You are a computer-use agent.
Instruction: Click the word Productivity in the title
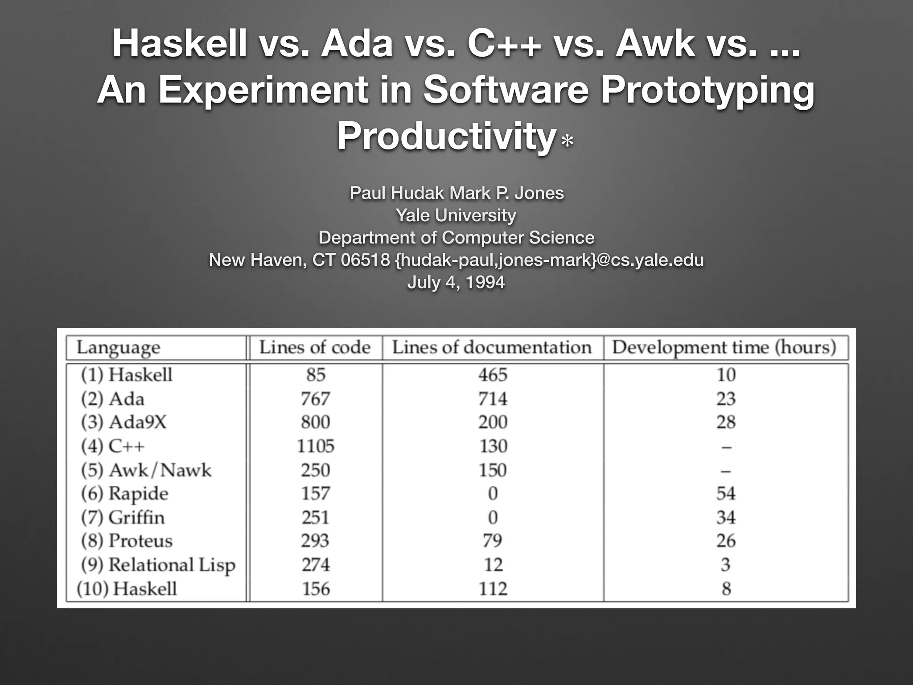point(446,136)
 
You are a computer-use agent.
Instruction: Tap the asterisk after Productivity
point(568,142)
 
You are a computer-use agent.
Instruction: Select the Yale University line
point(456,215)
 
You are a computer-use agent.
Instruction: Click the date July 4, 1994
point(456,282)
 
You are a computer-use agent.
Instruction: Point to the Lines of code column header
point(315,347)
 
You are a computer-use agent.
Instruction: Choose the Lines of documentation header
point(492,347)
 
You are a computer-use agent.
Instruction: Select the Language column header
point(118,348)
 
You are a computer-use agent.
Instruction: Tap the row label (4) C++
point(113,446)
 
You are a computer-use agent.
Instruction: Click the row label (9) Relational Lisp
point(158,565)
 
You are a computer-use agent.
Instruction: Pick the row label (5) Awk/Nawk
point(146,470)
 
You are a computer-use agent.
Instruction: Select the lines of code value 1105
point(316,446)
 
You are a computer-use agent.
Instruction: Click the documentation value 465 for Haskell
point(493,375)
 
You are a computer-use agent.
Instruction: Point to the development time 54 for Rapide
point(726,494)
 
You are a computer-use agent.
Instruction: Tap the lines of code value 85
point(316,375)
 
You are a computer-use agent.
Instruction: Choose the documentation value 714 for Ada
point(493,399)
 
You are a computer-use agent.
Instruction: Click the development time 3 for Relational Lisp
point(726,565)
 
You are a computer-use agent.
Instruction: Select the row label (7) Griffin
point(123,517)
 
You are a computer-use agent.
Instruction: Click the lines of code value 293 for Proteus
point(315,541)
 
